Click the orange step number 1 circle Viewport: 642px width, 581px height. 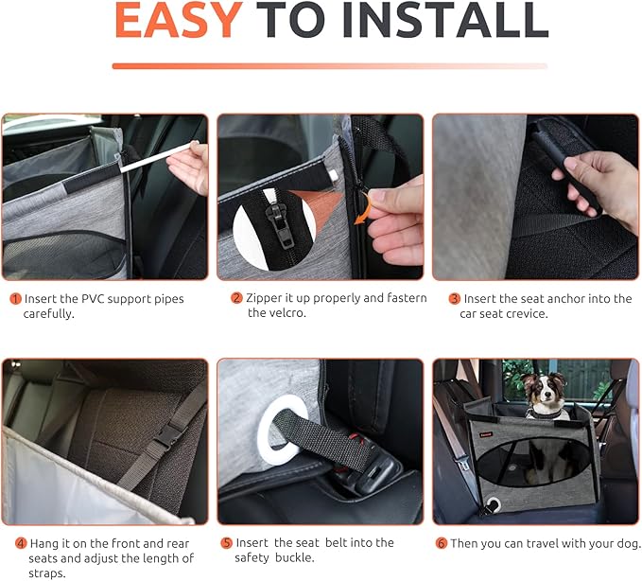(x=15, y=299)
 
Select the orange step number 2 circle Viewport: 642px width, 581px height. (x=236, y=298)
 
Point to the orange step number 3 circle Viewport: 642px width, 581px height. (x=455, y=299)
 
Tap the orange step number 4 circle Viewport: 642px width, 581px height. (x=21, y=544)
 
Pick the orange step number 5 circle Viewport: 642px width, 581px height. (x=226, y=543)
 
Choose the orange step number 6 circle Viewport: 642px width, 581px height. (x=441, y=543)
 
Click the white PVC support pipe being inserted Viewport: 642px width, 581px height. (x=159, y=156)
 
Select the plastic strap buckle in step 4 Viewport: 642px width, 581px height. (x=168, y=437)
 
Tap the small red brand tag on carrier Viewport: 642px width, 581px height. (x=487, y=434)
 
